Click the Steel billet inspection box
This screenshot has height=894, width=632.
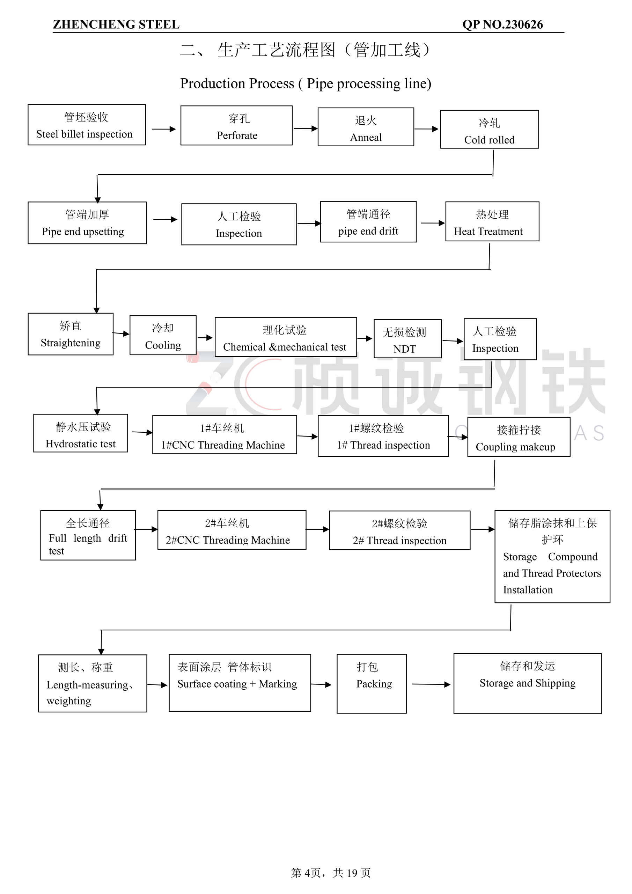click(x=87, y=125)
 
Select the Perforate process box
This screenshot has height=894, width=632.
click(x=236, y=126)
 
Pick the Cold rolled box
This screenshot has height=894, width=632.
click(x=489, y=130)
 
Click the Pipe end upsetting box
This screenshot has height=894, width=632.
click(x=87, y=223)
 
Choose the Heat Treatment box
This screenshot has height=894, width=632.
click(x=492, y=221)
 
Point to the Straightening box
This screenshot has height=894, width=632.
click(x=71, y=334)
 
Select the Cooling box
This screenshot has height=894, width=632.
click(x=163, y=336)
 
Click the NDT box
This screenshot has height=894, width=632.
click(x=407, y=339)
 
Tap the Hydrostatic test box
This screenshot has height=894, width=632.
click(x=81, y=433)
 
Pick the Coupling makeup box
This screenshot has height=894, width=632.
click(x=518, y=437)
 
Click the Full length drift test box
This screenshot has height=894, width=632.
click(x=88, y=535)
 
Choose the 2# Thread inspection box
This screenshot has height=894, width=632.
click(x=399, y=530)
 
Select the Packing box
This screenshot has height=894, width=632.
click(x=372, y=684)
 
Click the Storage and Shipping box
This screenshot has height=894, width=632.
click(x=527, y=683)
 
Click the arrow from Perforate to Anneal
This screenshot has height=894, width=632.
click(x=305, y=129)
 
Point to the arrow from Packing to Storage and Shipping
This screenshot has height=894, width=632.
click(x=431, y=684)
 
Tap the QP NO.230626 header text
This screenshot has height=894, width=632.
click(x=502, y=24)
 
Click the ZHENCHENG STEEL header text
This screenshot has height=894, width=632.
click(x=116, y=24)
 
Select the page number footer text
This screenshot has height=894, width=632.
click(x=331, y=873)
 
